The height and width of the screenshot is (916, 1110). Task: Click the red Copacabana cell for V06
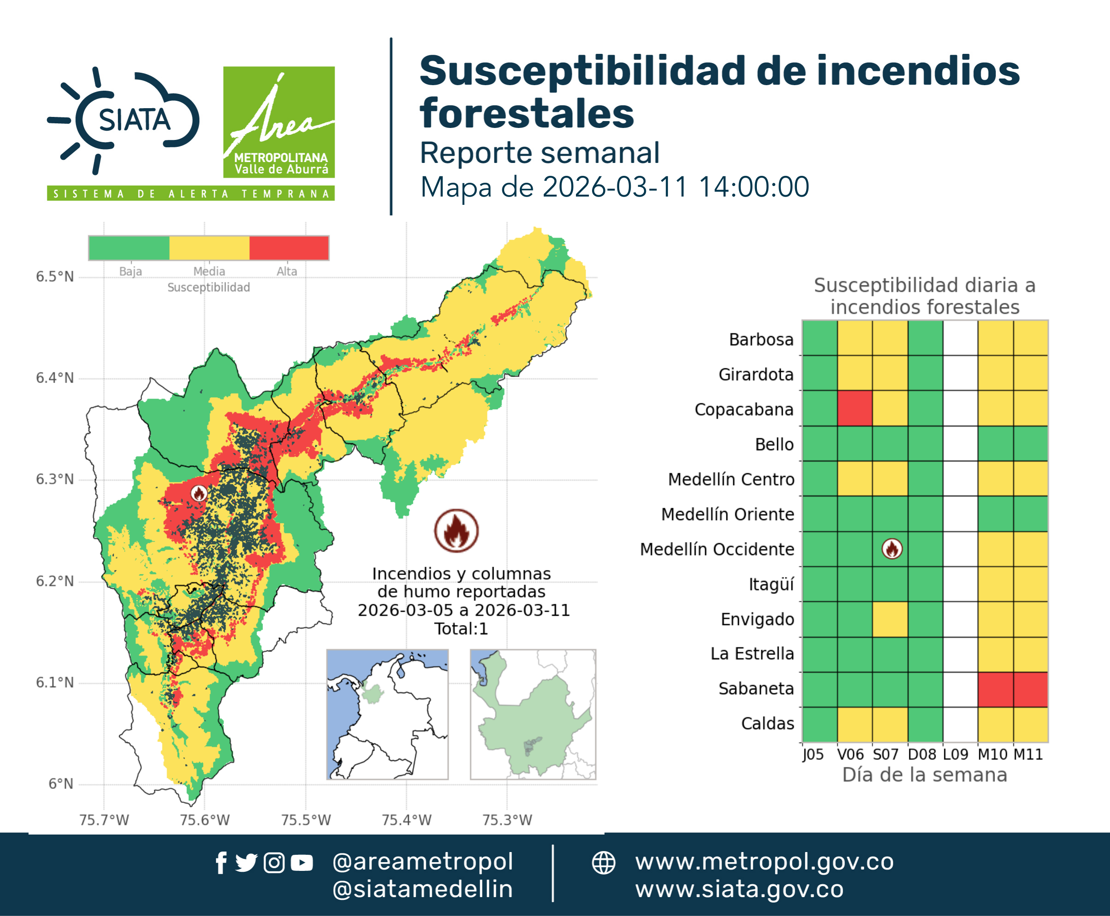[854, 408]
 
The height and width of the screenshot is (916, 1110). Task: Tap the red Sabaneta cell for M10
[995, 689]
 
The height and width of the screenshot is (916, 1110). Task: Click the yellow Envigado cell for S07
[890, 619]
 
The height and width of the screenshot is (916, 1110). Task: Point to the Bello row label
[774, 444]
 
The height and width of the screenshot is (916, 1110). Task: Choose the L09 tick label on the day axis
[955, 754]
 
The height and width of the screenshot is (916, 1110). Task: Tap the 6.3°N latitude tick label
[55, 479]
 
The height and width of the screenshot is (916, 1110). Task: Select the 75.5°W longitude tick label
[306, 820]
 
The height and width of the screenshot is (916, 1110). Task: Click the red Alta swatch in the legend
[289, 248]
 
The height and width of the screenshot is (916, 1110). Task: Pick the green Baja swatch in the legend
[129, 248]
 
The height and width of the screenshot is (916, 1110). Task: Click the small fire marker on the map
[199, 493]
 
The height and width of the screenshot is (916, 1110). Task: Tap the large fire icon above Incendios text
[457, 530]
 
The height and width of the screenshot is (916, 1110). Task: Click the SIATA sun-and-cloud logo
[123, 120]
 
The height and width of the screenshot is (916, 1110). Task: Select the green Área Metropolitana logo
[279, 122]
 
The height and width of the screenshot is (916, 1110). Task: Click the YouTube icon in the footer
[302, 863]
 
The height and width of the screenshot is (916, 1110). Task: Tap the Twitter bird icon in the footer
[246, 863]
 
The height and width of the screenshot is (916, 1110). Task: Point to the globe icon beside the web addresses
[603, 863]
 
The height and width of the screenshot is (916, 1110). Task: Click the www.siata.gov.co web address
[739, 889]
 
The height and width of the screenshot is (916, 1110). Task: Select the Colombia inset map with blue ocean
[387, 714]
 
